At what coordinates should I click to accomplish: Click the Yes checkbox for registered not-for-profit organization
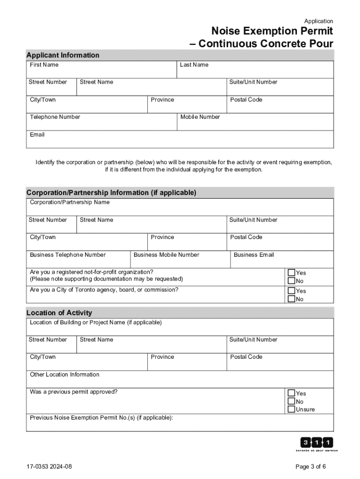[x=291, y=273]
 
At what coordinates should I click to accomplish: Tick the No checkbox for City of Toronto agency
[x=291, y=299]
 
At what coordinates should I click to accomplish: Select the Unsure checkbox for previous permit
[x=291, y=409]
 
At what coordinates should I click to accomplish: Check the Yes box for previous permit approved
[x=291, y=393]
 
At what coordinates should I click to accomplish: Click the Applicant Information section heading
[x=63, y=55]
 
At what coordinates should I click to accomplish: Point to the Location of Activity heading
[x=59, y=312]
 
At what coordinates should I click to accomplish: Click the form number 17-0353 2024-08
[x=50, y=467]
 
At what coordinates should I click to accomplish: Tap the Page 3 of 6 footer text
[x=310, y=467]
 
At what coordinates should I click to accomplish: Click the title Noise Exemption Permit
[x=272, y=31]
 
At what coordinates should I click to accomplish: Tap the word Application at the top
[x=318, y=21]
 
